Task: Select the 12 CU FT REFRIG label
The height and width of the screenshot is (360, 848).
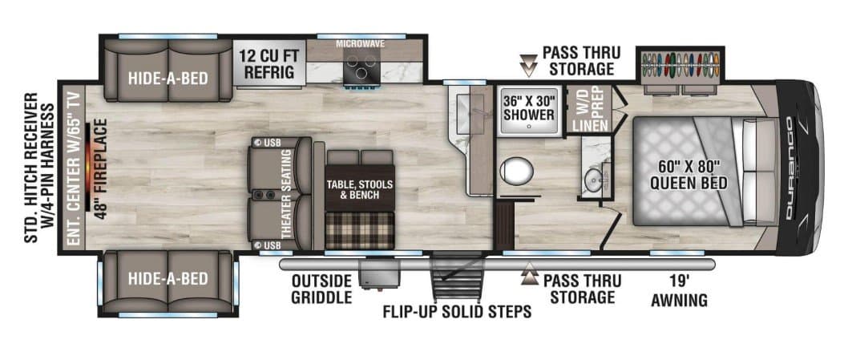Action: [269, 64]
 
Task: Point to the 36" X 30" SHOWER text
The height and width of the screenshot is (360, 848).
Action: [528, 107]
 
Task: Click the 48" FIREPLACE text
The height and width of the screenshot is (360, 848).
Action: [101, 173]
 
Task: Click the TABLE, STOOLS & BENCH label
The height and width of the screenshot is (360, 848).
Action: [359, 189]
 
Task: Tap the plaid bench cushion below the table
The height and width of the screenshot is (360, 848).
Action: [359, 230]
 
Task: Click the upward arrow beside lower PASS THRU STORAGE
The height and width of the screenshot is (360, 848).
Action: [528, 277]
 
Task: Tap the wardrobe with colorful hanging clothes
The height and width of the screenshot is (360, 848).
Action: [680, 63]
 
